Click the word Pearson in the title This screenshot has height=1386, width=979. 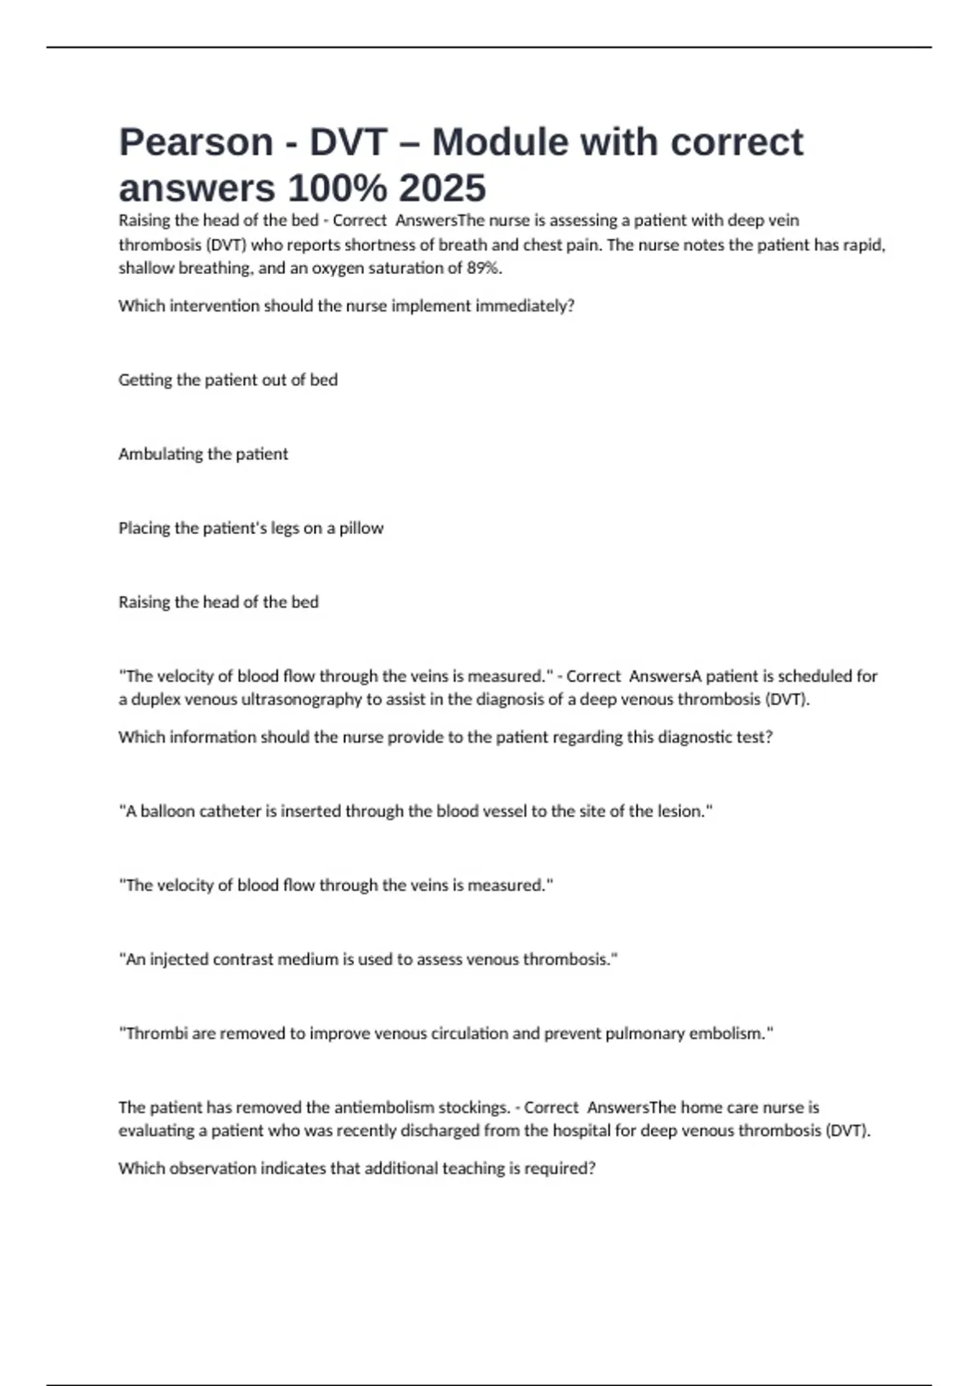[x=196, y=142]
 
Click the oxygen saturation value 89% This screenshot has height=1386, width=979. [x=483, y=268]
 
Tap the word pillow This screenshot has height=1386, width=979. [x=361, y=528]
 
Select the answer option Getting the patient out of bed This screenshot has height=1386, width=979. [x=228, y=380]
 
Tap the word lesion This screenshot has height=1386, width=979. [x=680, y=811]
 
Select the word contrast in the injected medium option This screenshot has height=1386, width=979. [x=242, y=960]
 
